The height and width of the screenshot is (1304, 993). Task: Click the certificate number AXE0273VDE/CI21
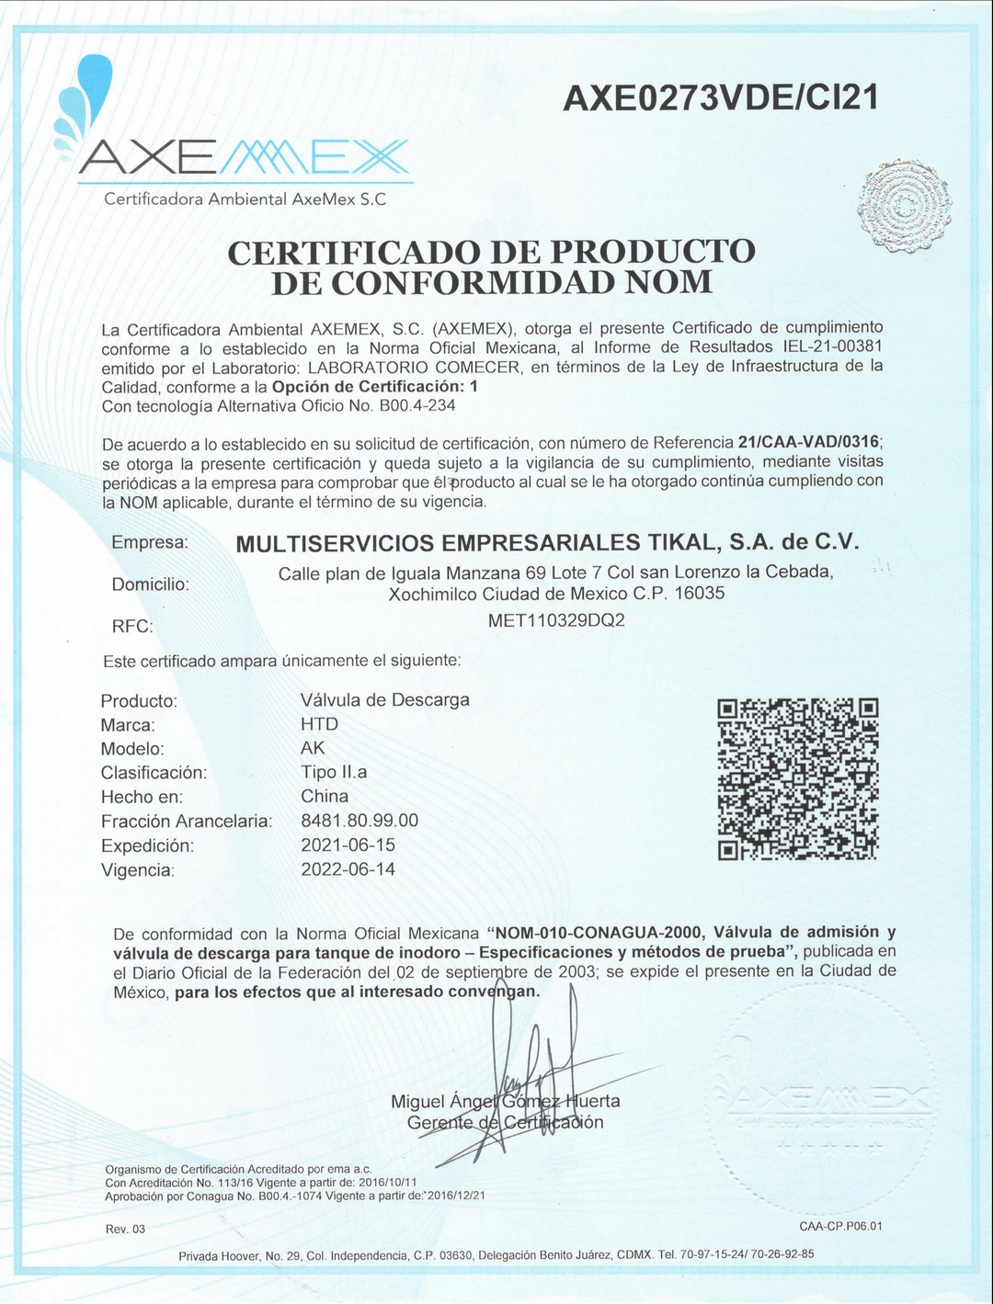[720, 97]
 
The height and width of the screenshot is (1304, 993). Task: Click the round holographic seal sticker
[904, 205]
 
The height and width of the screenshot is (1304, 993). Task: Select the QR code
[797, 779]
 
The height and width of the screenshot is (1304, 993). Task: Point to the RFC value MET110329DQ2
[556, 620]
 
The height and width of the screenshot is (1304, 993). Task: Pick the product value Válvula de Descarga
[384, 700]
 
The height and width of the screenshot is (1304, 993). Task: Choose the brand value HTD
[319, 724]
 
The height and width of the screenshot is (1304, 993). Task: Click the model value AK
[313, 748]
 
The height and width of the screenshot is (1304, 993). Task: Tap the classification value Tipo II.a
[334, 772]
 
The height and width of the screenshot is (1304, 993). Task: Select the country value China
[325, 796]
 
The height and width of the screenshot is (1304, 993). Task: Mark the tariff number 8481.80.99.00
[360, 821]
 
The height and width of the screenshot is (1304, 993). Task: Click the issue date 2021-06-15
[348, 845]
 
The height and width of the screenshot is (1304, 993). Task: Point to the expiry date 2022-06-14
[348, 869]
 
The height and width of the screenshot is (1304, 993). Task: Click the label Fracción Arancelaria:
[187, 822]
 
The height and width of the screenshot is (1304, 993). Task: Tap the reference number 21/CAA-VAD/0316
[808, 442]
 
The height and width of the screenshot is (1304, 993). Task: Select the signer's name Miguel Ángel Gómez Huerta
[505, 1101]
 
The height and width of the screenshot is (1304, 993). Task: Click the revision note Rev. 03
[125, 1229]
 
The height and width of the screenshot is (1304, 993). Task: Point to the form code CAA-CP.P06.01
[840, 1225]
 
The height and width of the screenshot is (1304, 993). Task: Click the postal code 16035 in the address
[699, 594]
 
